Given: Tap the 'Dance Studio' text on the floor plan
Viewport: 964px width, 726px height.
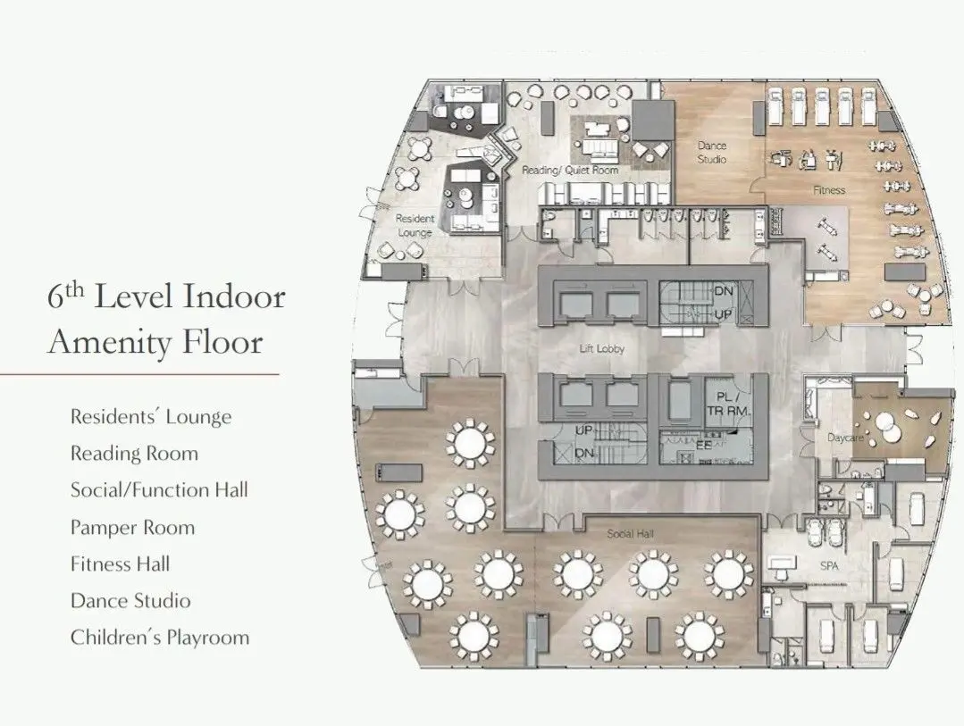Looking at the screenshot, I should click(x=712, y=152).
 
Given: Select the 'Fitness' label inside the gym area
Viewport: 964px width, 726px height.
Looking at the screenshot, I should click(x=828, y=190).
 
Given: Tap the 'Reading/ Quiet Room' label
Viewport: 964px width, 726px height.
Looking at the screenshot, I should click(x=570, y=169).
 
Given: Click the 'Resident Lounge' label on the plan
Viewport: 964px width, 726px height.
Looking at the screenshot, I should click(x=415, y=225).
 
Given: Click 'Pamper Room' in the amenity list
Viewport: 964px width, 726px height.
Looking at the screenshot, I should click(x=132, y=527).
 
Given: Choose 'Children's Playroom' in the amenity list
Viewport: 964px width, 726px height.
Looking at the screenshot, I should click(x=159, y=638).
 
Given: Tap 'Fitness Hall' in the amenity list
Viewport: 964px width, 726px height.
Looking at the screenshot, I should click(x=120, y=564).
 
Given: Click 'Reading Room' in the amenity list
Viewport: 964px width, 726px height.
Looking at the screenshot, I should click(x=134, y=454).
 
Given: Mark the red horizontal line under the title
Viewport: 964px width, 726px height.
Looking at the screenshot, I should click(x=139, y=375).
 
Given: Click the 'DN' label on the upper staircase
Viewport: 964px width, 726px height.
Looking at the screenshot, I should click(x=724, y=292).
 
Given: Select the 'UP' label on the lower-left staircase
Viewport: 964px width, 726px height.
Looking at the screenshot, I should click(x=585, y=430).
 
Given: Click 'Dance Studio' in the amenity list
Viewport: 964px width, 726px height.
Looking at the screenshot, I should click(x=130, y=601).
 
